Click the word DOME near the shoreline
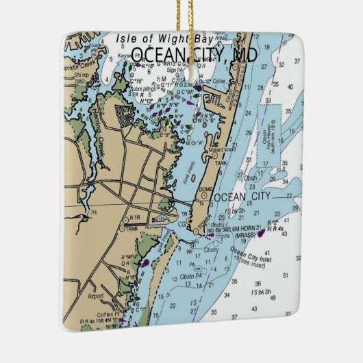coord(206,189)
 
